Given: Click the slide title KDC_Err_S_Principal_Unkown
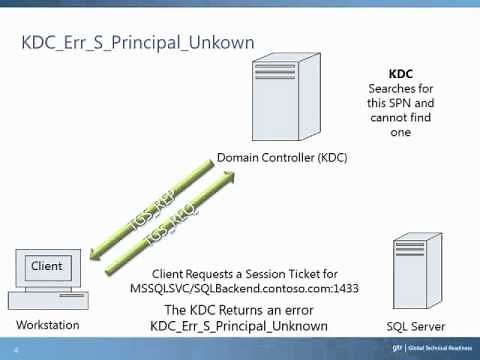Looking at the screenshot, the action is coord(138,43).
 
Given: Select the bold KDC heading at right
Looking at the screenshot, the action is coord(401,74).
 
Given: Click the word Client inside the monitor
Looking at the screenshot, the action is coord(47,266).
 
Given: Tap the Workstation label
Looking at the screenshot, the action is coord(46,326).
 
